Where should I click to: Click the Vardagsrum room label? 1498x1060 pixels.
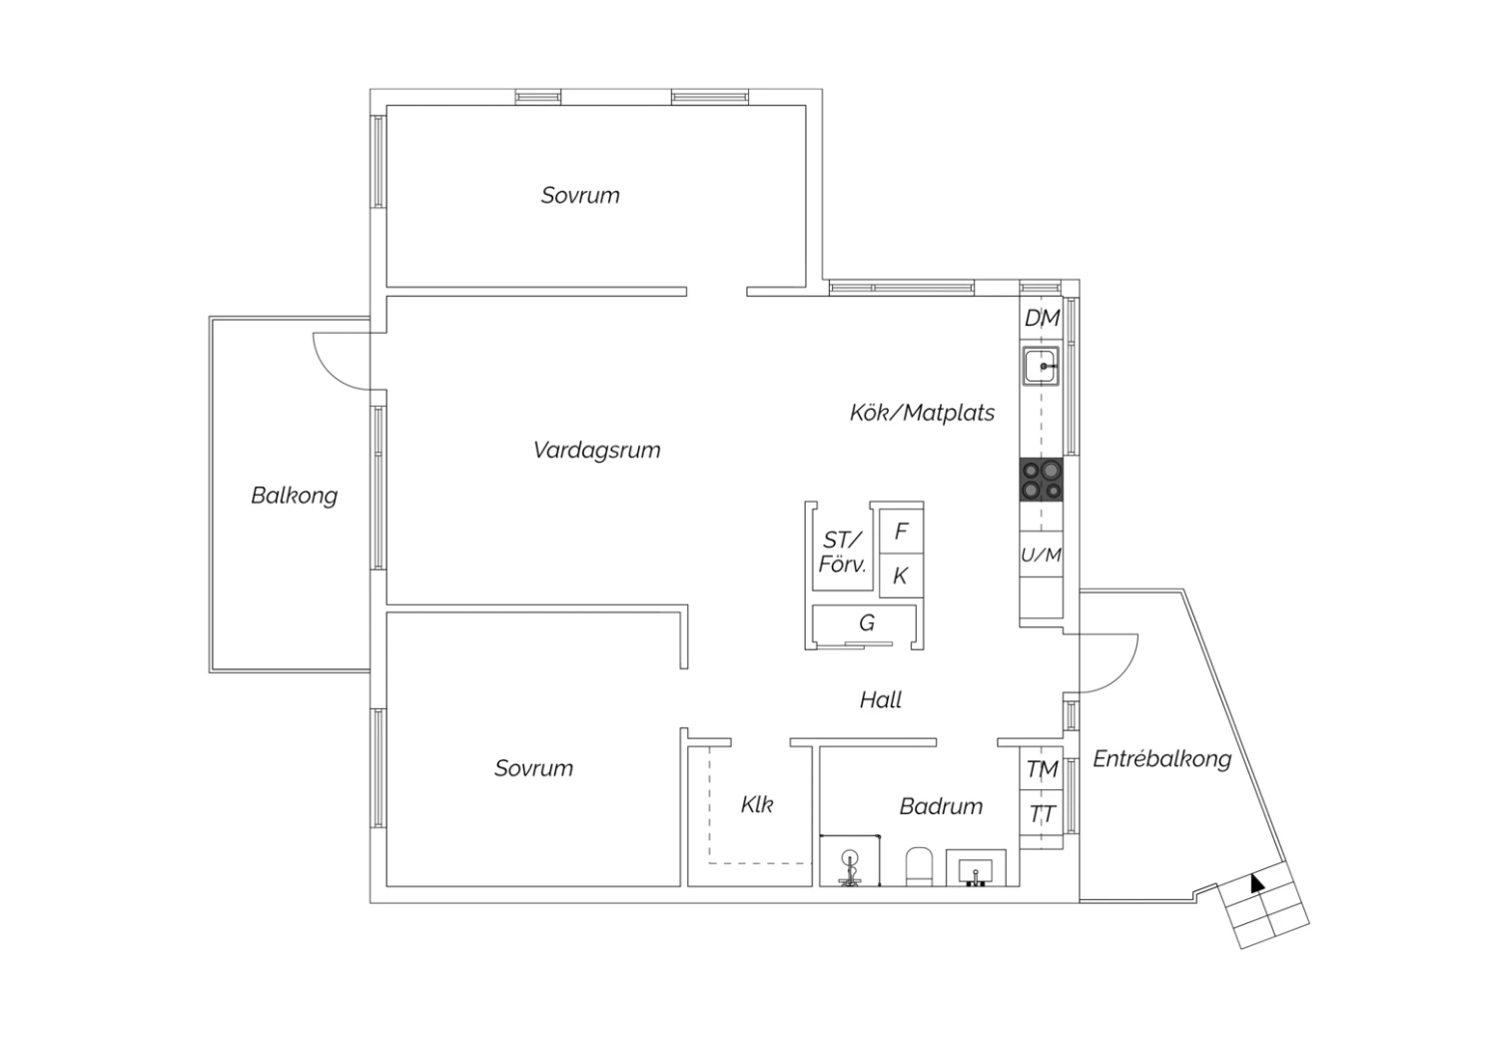pos(596,450)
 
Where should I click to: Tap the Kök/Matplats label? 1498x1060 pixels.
pos(922,413)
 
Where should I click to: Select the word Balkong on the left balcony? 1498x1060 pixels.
pos(294,496)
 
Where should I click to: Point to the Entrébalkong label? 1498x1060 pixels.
pos(1161,759)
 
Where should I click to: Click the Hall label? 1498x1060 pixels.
pos(880,700)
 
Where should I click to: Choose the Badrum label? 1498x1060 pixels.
pos(941,806)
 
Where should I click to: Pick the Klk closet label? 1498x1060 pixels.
pos(757,804)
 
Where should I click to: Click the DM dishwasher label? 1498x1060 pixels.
pos(1042,319)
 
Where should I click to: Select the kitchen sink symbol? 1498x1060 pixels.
pos(1042,367)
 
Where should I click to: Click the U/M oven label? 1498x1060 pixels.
pos(1041,554)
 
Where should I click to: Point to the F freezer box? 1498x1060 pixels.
pos(901,531)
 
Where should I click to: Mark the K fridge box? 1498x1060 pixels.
pos(901,576)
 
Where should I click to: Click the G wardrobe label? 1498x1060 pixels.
pos(867,623)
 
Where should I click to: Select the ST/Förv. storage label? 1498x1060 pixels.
pos(842,552)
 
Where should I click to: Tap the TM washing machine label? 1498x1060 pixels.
pos(1042,769)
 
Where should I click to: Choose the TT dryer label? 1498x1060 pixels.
pos(1042,815)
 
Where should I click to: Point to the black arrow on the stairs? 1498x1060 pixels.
pos(1256,882)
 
